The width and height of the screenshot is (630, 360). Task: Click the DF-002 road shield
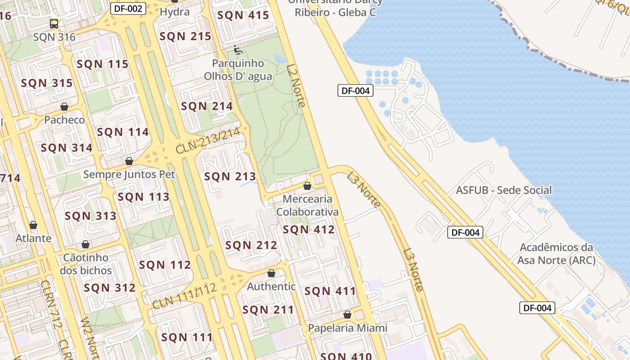coord(128,8)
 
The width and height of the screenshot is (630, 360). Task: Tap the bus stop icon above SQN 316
coord(54,23)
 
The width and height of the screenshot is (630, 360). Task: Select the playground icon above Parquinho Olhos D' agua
coord(238,49)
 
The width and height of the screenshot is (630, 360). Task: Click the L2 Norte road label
coord(296,85)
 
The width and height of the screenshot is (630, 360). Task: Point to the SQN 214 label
coord(207,106)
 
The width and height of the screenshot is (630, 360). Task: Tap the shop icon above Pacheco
coord(64,107)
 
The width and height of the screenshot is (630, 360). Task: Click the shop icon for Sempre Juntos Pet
coord(129,161)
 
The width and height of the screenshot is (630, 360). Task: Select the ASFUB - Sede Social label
coord(504,190)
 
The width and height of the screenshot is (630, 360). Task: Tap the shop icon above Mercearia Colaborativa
coord(307,186)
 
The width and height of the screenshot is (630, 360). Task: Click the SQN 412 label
coord(309,229)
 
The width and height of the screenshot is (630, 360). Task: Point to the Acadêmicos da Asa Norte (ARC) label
coord(556,253)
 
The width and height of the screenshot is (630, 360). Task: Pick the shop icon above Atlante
coord(33,225)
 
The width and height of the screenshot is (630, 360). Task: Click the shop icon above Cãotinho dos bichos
coord(85,245)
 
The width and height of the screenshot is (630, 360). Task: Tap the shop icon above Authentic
coord(271,273)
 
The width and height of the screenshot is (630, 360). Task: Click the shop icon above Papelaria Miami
coord(347,315)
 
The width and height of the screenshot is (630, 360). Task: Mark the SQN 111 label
coord(187,337)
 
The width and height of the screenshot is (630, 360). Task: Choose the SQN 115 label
coord(103,64)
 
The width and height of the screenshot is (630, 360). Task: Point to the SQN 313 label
coord(90,216)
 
